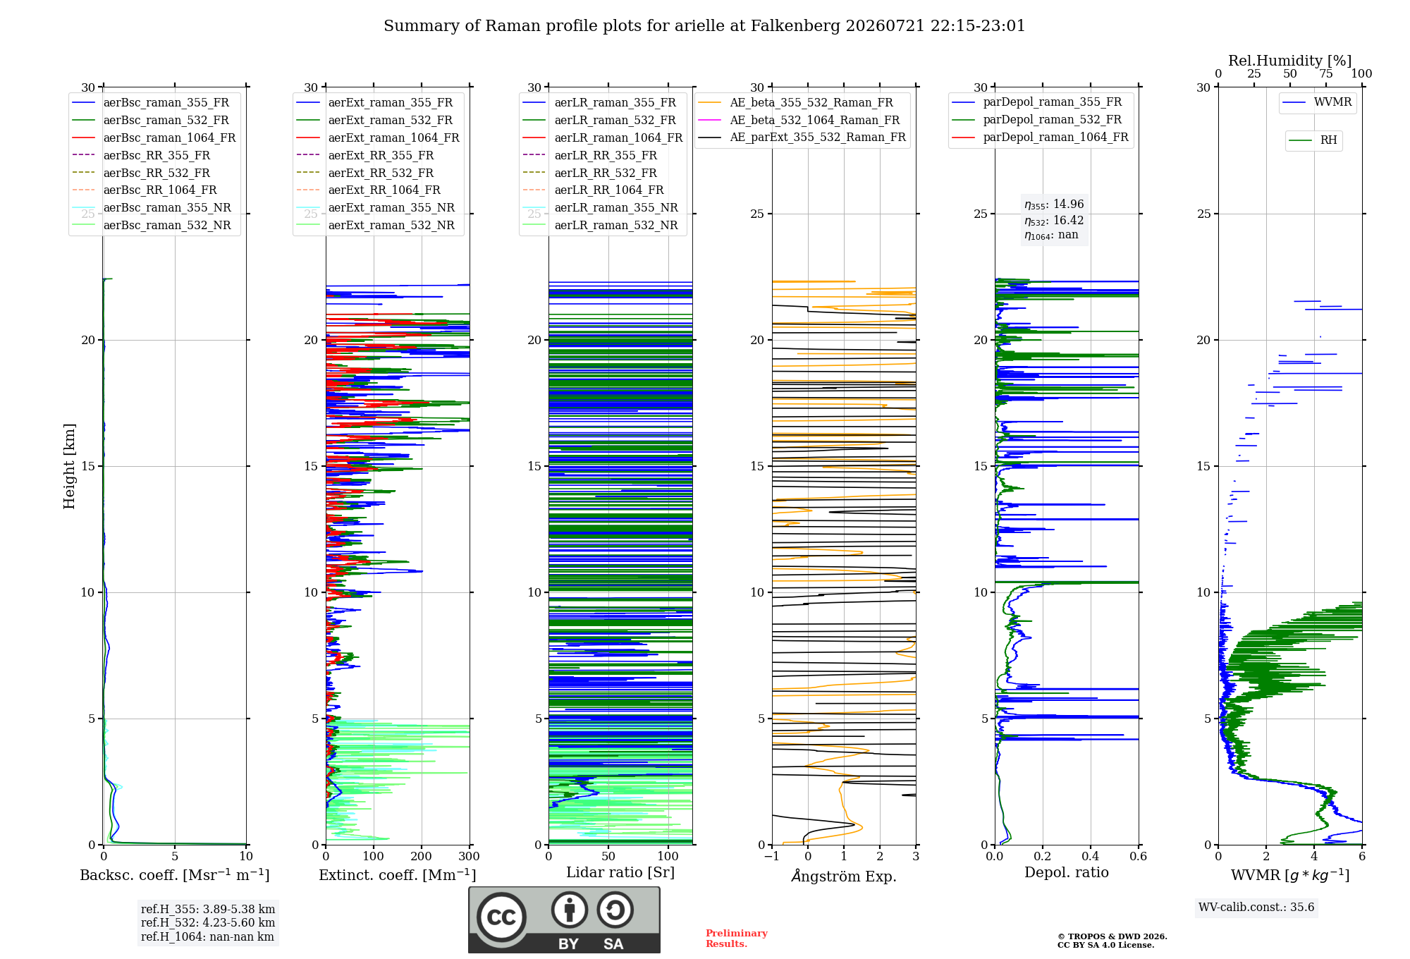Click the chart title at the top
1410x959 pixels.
click(704, 26)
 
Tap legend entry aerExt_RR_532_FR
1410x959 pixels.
click(381, 173)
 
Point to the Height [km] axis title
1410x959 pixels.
click(69, 466)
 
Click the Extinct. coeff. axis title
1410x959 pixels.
click(398, 875)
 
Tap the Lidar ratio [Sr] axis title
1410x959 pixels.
click(620, 873)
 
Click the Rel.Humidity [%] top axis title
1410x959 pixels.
click(1290, 61)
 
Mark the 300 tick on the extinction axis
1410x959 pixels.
click(470, 857)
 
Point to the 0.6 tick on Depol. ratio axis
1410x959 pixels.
click(1139, 857)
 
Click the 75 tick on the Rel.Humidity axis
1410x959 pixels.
click(1326, 74)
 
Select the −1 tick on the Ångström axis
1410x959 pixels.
click(772, 857)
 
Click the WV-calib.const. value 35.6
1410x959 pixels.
click(1302, 908)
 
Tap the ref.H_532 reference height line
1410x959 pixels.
click(208, 922)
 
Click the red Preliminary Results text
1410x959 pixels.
click(737, 939)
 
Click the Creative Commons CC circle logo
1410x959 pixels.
click(501, 917)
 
